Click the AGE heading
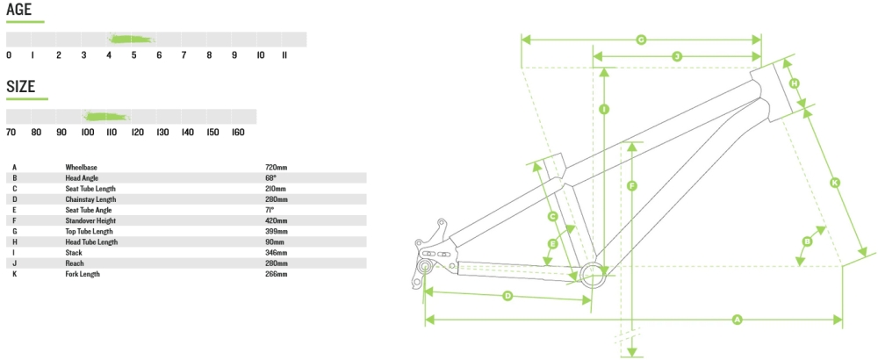19,10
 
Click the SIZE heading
21,86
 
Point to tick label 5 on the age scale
134,55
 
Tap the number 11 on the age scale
284,55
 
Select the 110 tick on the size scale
112,132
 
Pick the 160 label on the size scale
237,132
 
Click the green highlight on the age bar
132,39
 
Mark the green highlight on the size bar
106,116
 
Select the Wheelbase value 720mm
276,167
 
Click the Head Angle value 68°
270,177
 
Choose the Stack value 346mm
276,253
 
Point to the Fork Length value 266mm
276,274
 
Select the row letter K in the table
15,274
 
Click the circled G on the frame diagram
641,40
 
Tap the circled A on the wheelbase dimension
737,320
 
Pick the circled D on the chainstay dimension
507,296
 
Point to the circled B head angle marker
807,241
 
